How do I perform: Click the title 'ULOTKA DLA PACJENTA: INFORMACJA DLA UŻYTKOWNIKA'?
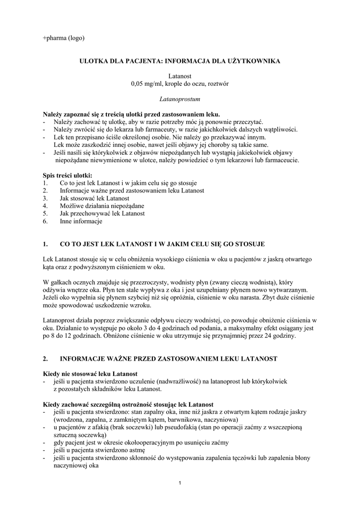[180, 61]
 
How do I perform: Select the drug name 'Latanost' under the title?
[180, 76]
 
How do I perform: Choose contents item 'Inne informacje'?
[81, 221]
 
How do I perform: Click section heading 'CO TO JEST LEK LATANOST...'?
[162, 244]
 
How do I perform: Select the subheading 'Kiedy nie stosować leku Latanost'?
[90, 373]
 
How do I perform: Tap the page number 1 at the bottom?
[180, 483]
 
